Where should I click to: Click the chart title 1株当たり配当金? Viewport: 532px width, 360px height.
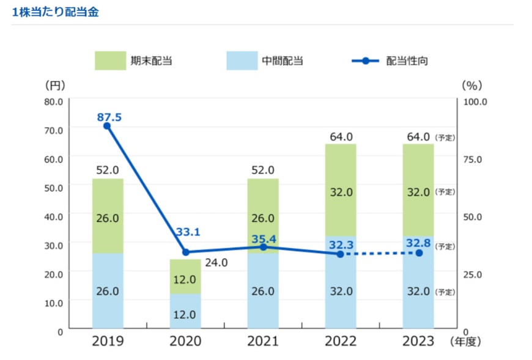pyautogui.click(x=55, y=12)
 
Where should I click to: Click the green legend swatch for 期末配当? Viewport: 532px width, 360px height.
pyautogui.click(x=110, y=61)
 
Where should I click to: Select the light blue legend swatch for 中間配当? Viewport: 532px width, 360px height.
pyautogui.click(x=242, y=61)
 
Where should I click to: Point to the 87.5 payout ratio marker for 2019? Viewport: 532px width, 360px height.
pyautogui.click(x=107, y=126)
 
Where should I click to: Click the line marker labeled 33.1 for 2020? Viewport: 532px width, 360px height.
pyautogui.click(x=186, y=252)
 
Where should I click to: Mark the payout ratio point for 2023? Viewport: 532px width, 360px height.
pyautogui.click(x=419, y=252)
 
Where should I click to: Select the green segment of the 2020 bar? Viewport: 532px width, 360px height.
pyautogui.click(x=186, y=276)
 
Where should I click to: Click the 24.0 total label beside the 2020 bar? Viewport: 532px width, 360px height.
pyautogui.click(x=216, y=263)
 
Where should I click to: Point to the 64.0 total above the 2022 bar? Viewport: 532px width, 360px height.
pyautogui.click(x=341, y=136)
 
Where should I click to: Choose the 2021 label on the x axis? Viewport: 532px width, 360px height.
pyautogui.click(x=263, y=341)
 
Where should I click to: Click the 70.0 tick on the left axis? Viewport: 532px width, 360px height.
pyautogui.click(x=53, y=130)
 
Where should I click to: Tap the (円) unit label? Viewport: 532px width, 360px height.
pyautogui.click(x=55, y=85)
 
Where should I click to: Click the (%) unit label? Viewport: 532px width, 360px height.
pyautogui.click(x=473, y=85)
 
